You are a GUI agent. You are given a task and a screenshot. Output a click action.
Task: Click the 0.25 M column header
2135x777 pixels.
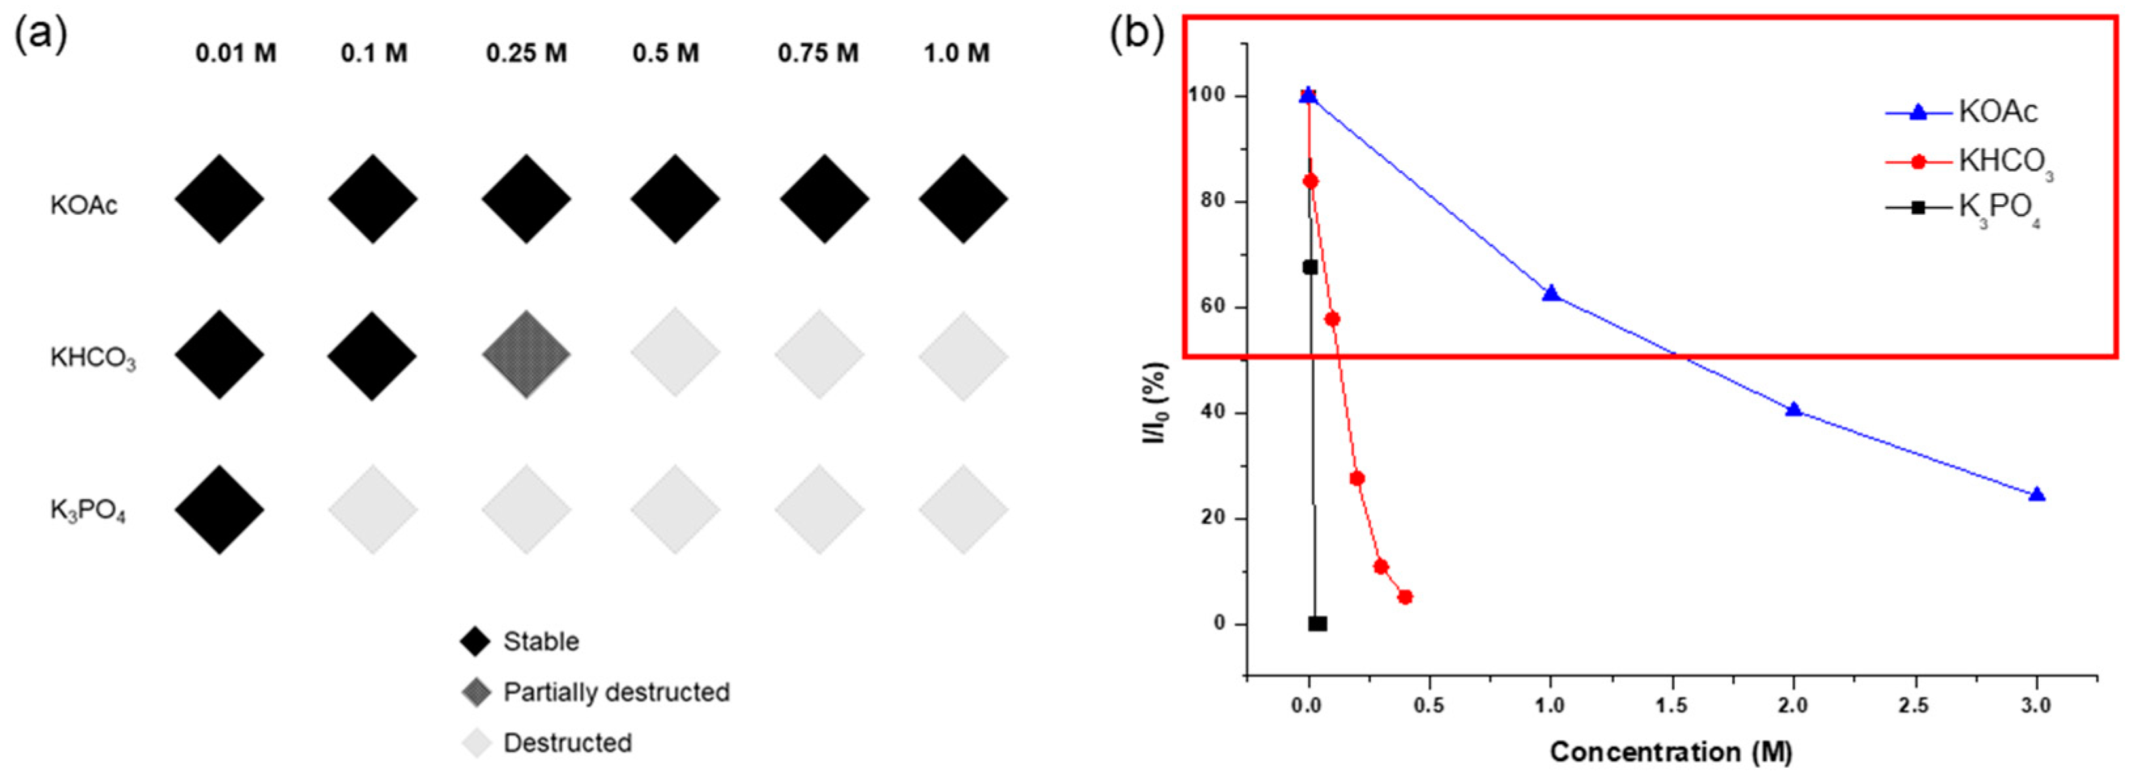pyautogui.click(x=526, y=54)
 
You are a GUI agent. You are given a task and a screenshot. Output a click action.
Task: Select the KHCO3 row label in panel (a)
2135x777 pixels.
pyautogui.click(x=93, y=358)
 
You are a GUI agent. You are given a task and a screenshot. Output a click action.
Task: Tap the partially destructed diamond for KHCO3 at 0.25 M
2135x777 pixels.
pyautogui.click(x=526, y=355)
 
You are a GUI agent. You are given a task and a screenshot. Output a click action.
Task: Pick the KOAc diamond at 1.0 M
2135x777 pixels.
pyautogui.click(x=963, y=199)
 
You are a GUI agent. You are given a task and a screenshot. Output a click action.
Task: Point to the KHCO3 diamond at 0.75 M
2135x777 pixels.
pyautogui.click(x=819, y=355)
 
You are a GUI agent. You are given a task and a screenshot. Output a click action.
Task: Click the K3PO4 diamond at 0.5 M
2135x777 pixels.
pyautogui.click(x=675, y=509)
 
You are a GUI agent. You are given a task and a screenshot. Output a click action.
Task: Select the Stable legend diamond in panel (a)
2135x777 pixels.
pyautogui.click(x=476, y=641)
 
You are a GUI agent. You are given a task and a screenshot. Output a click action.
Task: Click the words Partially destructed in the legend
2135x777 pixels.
pyautogui.click(x=616, y=692)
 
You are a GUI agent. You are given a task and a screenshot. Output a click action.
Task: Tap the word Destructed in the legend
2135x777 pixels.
pyautogui.click(x=567, y=742)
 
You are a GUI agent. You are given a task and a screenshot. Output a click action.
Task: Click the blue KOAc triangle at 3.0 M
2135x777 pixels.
pyautogui.click(x=2036, y=495)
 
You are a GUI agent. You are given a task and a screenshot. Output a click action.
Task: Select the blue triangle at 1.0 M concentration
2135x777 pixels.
pyautogui.click(x=1551, y=293)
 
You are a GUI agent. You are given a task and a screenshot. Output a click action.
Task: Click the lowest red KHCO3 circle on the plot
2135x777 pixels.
pyautogui.click(x=1405, y=597)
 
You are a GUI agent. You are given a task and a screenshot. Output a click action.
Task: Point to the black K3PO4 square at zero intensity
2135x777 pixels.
pyautogui.click(x=1317, y=624)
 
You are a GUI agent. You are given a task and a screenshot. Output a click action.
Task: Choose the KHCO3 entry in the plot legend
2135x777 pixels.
pyautogui.click(x=2005, y=161)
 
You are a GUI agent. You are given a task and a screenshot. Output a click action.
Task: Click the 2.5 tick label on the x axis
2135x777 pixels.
pyautogui.click(x=1914, y=706)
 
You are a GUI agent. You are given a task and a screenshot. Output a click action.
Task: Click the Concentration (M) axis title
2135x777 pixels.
pyautogui.click(x=1671, y=752)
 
